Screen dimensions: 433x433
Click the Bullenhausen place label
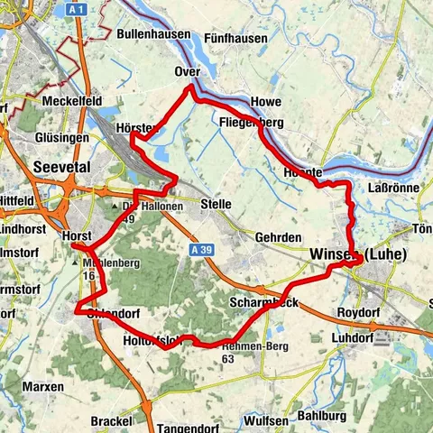tap(154, 34)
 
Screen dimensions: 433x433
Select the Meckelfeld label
tap(71, 101)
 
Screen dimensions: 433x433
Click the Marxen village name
tap(43, 386)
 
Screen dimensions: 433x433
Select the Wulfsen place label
tap(266, 420)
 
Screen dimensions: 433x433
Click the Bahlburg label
tap(322, 416)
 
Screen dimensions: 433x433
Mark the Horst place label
tap(78, 235)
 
